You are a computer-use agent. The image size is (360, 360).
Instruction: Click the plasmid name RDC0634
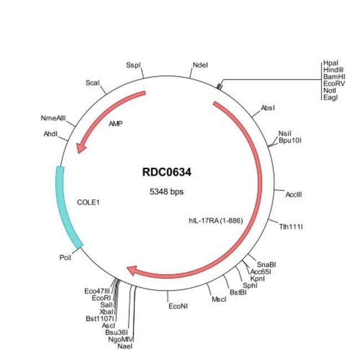(167, 173)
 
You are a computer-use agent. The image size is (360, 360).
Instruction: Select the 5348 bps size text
(167, 192)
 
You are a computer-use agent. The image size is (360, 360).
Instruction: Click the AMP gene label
(116, 124)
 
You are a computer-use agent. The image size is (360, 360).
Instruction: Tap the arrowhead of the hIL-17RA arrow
(133, 270)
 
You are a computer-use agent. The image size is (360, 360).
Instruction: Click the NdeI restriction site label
(200, 65)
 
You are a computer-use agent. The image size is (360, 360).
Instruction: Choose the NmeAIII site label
(53, 118)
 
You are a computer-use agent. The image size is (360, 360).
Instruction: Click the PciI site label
(66, 258)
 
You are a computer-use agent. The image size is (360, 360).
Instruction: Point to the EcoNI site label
(178, 305)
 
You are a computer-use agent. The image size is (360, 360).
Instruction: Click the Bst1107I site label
(100, 318)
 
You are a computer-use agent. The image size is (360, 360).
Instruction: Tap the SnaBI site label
(267, 264)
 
